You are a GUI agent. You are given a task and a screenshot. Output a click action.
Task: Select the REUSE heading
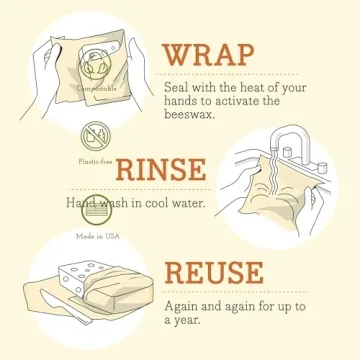(x=229, y=273)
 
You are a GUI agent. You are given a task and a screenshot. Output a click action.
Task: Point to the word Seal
(x=178, y=86)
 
